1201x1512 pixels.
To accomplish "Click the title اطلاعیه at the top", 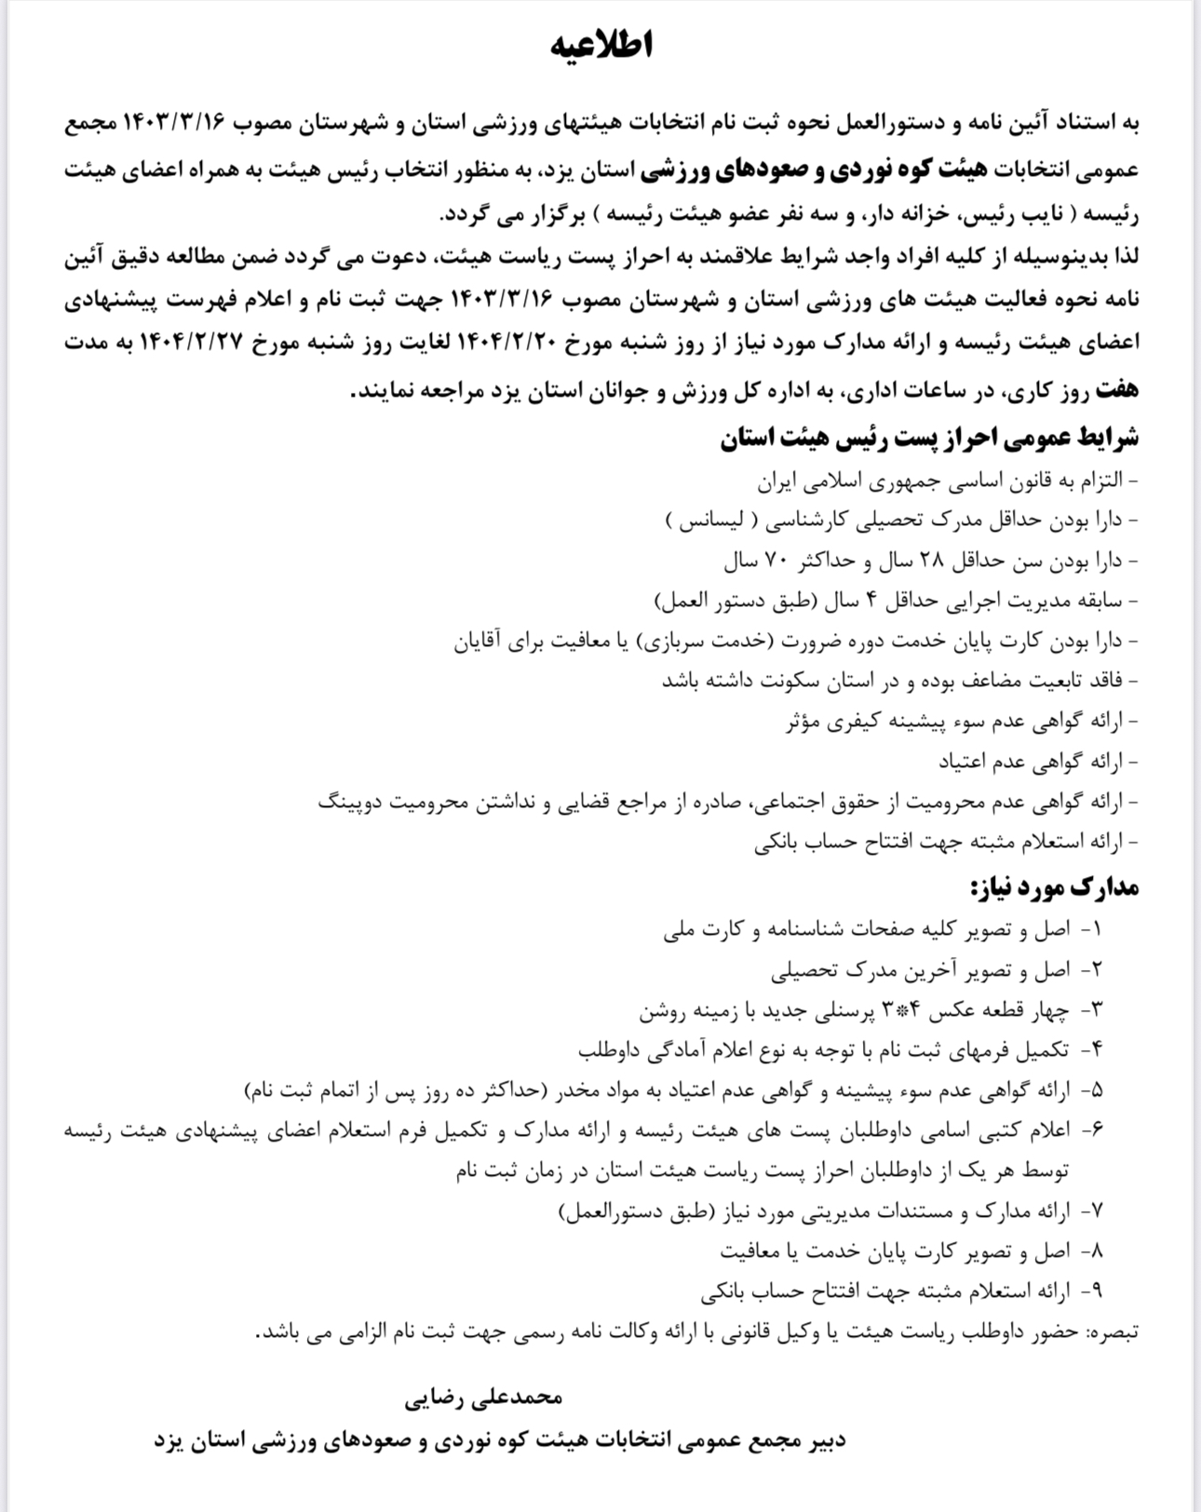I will pyautogui.click(x=601, y=44).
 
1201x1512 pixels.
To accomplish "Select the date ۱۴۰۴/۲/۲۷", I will pyautogui.click(x=196, y=342).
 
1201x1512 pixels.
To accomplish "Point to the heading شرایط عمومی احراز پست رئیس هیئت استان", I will pyautogui.click(x=929, y=438).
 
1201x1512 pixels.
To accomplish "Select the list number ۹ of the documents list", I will pyautogui.click(x=1095, y=1290).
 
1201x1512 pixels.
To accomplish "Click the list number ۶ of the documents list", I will pyautogui.click(x=1095, y=1129).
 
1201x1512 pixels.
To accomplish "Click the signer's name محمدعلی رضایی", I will pyautogui.click(x=483, y=1397).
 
